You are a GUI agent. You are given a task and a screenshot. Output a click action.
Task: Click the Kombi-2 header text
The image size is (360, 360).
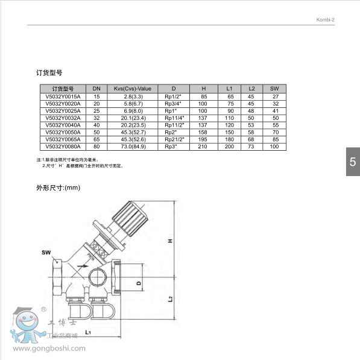pos(326,19)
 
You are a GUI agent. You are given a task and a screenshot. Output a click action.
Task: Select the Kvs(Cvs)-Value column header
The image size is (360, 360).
pos(133,88)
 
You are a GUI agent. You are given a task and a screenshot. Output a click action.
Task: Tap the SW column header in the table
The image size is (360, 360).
pos(275,88)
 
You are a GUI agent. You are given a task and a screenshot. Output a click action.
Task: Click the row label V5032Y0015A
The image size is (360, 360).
pos(62,96)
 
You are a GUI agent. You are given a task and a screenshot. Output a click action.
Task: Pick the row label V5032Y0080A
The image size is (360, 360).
pos(62,147)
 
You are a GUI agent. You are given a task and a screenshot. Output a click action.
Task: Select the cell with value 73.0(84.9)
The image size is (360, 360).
pos(133,147)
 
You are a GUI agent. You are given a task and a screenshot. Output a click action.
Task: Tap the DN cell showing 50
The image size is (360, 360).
pos(96,132)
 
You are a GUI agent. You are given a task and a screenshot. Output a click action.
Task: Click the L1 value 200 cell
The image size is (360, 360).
pos(230,147)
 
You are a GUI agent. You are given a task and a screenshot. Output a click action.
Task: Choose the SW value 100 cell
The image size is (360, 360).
pos(275,147)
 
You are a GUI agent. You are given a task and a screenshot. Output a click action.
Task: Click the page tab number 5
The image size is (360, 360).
pos(353,162)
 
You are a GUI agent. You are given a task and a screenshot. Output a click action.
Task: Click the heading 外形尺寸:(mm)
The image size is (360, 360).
pos(58,188)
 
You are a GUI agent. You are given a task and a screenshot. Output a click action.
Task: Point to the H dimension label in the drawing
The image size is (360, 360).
pos(171,241)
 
